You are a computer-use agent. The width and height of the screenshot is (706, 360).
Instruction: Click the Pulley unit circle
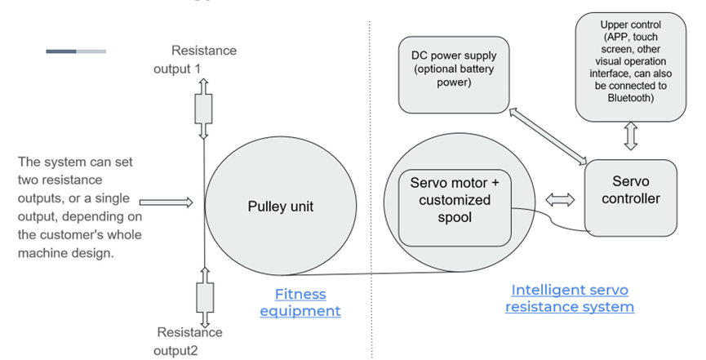280,207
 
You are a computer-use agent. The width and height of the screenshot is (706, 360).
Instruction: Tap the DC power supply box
453,74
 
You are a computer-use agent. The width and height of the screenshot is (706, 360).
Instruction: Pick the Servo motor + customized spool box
455,201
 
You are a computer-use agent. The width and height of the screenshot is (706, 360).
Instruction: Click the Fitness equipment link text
300,302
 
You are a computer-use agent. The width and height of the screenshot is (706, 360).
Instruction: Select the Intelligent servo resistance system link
569,298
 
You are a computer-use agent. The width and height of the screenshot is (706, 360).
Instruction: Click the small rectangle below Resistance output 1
202,108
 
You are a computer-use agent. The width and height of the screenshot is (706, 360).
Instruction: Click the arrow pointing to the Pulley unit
166,202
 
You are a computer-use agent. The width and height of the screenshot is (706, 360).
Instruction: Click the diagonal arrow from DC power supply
549,135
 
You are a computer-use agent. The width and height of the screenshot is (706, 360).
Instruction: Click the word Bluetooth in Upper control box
629,97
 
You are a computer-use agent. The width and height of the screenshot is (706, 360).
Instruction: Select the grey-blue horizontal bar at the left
76,51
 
